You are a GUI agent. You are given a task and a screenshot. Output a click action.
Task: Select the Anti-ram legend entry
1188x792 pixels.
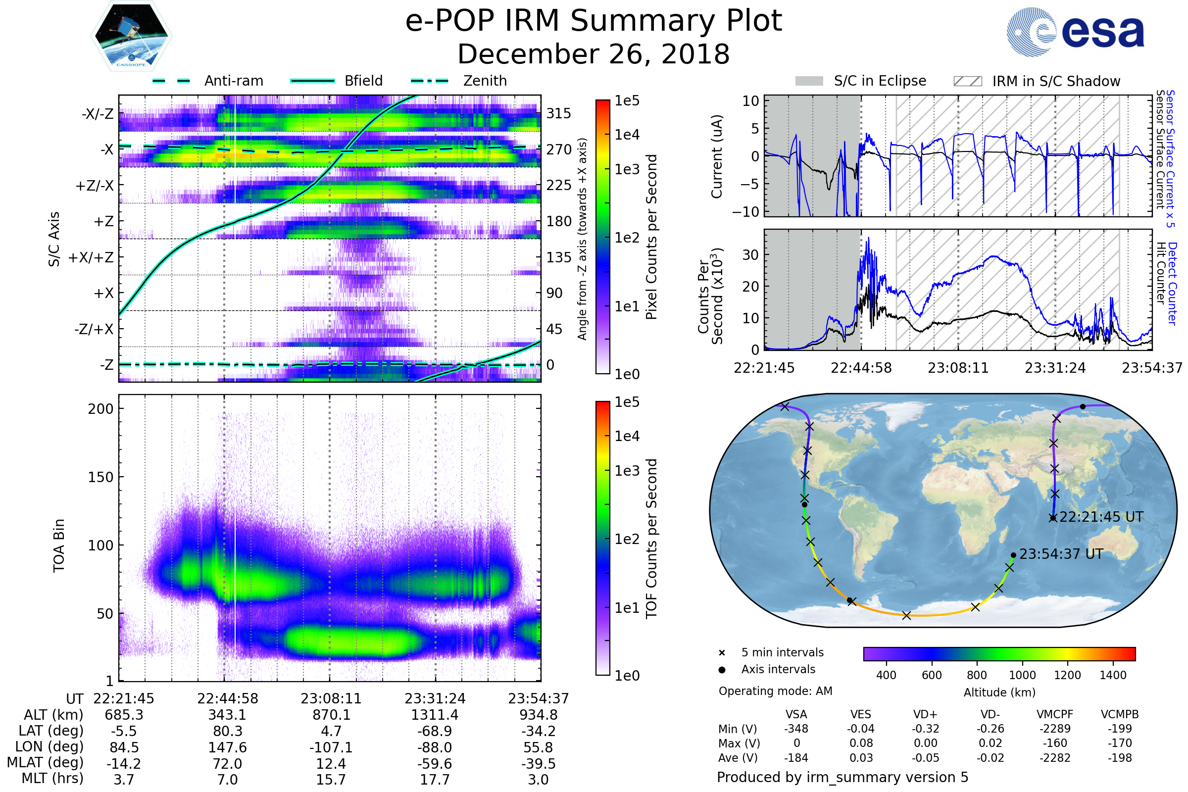(233, 81)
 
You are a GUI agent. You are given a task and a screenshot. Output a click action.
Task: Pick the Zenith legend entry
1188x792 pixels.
(485, 81)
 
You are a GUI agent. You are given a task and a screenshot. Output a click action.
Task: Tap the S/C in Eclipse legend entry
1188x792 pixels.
(880, 81)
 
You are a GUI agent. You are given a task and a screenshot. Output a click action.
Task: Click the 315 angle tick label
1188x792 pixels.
(558, 113)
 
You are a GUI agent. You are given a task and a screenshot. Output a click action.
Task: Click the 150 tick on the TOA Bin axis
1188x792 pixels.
(100, 477)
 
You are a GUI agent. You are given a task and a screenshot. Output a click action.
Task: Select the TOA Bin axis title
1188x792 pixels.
(59, 545)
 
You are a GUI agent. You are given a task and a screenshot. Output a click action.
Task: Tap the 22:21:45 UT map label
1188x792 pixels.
(1100, 517)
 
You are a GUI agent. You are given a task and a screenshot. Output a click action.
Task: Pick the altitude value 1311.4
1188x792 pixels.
(435, 715)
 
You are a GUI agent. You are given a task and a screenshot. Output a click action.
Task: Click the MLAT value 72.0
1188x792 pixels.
(227, 763)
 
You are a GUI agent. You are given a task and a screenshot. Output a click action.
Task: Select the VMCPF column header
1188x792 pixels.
(1055, 714)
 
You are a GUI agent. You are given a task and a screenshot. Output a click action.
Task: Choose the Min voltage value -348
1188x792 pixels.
(796, 729)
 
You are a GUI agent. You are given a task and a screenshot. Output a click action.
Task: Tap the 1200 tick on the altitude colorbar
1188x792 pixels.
(1067, 675)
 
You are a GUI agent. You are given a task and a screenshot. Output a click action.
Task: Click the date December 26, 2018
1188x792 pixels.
(594, 54)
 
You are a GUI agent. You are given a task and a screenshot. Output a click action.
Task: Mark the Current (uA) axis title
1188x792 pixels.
(717, 156)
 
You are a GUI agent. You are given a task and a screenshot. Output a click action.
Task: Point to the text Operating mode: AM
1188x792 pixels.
(775, 691)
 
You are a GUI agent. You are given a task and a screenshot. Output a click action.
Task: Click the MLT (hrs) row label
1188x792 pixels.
(52, 778)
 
